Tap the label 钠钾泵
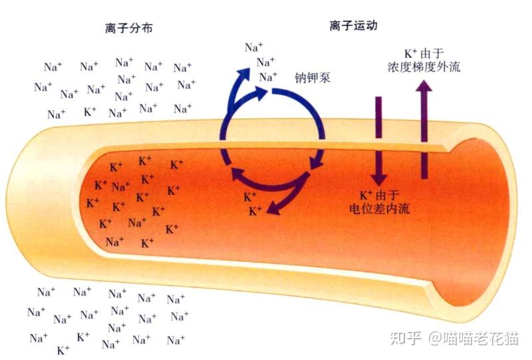[313, 78]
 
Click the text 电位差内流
[380, 208]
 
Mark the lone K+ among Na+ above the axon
[90, 111]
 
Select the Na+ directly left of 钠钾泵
[269, 77]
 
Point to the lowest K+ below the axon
[64, 349]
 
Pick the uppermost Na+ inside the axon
[121, 186]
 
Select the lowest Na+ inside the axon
[114, 242]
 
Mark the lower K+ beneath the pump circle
[255, 212]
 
